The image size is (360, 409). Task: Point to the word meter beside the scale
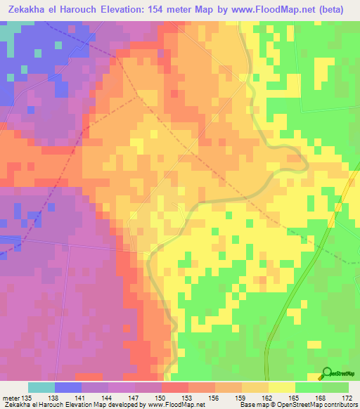pyautogui.click(x=11, y=398)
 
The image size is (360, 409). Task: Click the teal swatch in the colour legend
pyautogui.click(x=41, y=387)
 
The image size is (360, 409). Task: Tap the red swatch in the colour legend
pyautogui.click(x=174, y=387)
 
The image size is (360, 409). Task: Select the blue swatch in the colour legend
pyautogui.click(x=68, y=387)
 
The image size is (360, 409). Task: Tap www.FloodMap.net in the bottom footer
pyautogui.click(x=179, y=405)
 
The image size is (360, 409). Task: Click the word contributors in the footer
pyautogui.click(x=339, y=405)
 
